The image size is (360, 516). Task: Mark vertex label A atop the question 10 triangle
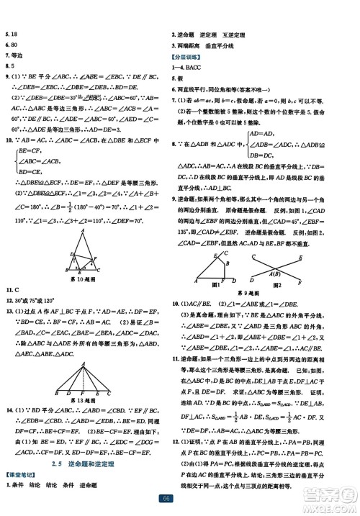point(87,229)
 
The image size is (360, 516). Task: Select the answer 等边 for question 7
point(15,54)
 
